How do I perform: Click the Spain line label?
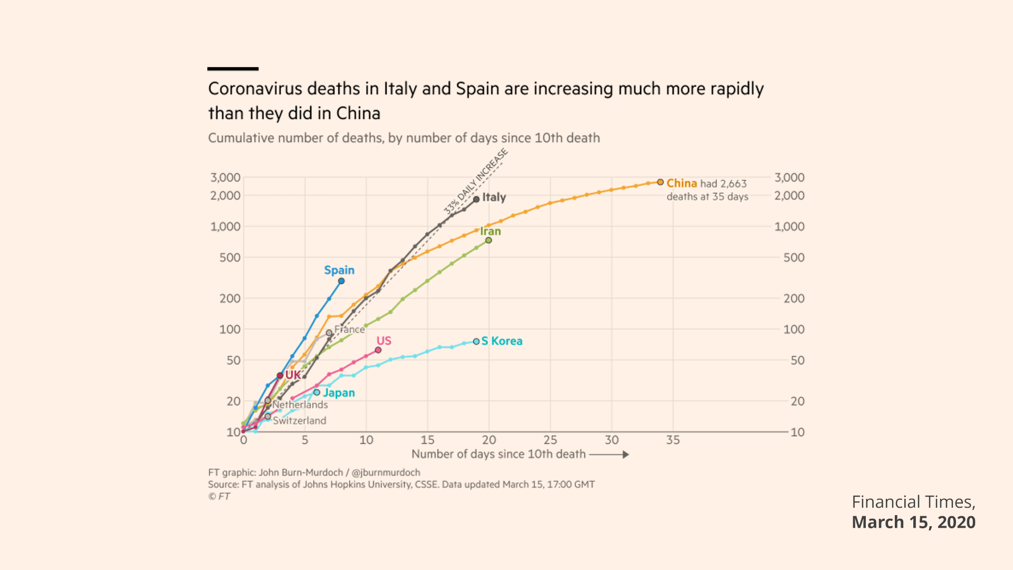pyautogui.click(x=339, y=270)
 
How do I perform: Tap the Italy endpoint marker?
pyautogui.click(x=476, y=199)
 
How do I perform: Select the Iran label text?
pyautogui.click(x=490, y=231)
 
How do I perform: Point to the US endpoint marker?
pyautogui.click(x=378, y=350)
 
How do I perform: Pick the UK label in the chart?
pyautogui.click(x=293, y=375)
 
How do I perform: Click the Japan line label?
pyautogui.click(x=339, y=393)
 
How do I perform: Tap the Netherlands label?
pyautogui.click(x=300, y=405)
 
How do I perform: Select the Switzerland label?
pyautogui.click(x=299, y=421)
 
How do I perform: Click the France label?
pyautogui.click(x=349, y=329)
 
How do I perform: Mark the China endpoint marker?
pyautogui.click(x=660, y=182)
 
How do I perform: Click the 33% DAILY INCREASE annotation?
pyautogui.click(x=475, y=182)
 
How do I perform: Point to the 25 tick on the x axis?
pyautogui.click(x=550, y=440)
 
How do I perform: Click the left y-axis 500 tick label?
pyautogui.click(x=230, y=258)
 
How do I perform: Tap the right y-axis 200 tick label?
pyautogui.click(x=794, y=299)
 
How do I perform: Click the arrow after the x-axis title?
pyautogui.click(x=609, y=454)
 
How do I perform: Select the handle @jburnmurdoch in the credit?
pyautogui.click(x=386, y=472)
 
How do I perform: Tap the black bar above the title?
pyautogui.click(x=233, y=69)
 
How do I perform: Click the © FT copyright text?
pyautogui.click(x=219, y=496)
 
